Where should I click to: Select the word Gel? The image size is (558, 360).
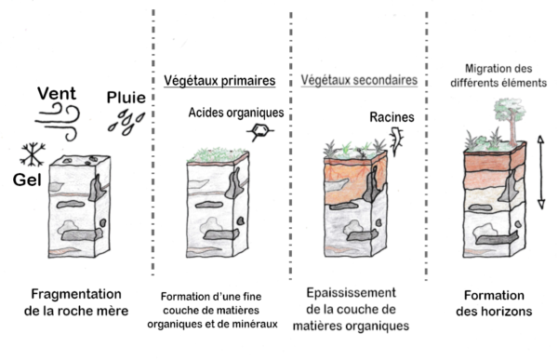(29, 177)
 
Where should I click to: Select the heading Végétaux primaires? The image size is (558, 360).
(219, 81)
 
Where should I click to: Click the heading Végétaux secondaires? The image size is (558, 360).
(359, 81)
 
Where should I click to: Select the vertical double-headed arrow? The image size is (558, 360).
(542, 173)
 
